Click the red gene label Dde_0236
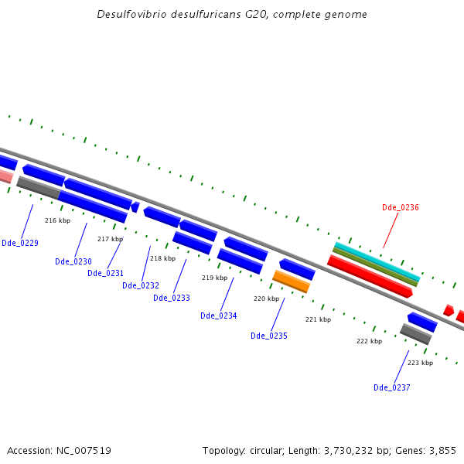click(x=400, y=207)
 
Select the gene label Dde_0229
click(x=20, y=243)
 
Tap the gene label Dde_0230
click(x=73, y=261)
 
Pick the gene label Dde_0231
click(x=105, y=273)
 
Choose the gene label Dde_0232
click(x=141, y=285)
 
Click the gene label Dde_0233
click(x=172, y=298)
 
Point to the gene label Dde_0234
click(x=219, y=316)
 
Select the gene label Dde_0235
click(x=269, y=336)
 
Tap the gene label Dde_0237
click(x=392, y=387)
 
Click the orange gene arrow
click(x=292, y=281)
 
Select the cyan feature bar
click(x=377, y=261)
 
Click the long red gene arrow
click(x=370, y=276)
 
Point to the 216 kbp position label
click(x=57, y=220)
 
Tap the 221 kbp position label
click(x=318, y=319)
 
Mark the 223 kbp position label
click(x=420, y=363)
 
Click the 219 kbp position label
click(x=214, y=278)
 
